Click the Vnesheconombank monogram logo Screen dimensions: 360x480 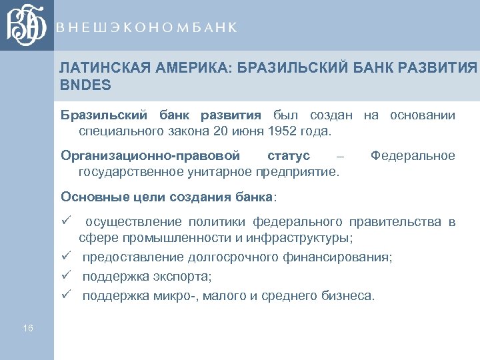pos(27,25)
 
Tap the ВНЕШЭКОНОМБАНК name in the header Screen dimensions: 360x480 pos(147,27)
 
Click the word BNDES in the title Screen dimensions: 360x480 pos(85,86)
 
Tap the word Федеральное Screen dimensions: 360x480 pos(413,156)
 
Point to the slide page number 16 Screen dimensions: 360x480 pos(27,328)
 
